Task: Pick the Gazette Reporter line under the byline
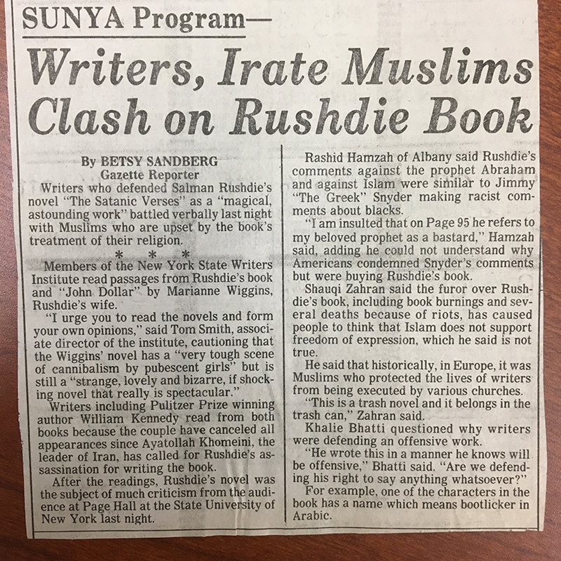136,175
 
